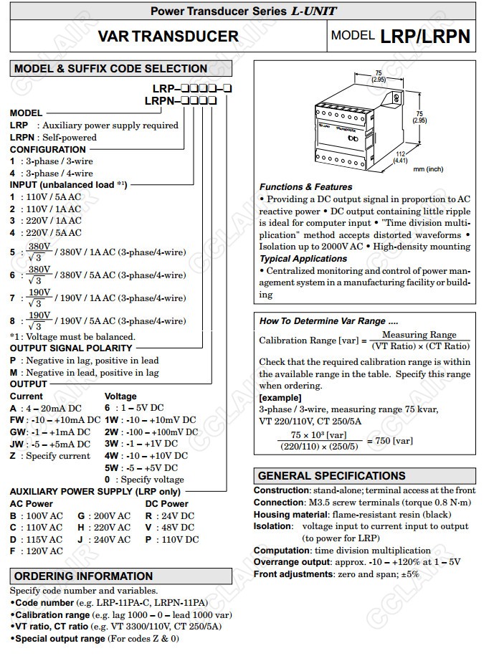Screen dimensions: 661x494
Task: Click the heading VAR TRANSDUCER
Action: point(168,37)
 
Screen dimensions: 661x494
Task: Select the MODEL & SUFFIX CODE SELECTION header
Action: point(111,69)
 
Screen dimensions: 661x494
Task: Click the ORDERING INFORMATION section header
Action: point(83,576)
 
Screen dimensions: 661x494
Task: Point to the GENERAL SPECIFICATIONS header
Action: point(331,475)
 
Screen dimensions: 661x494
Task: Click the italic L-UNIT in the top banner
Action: point(313,11)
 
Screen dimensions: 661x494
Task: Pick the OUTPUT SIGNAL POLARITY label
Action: point(71,348)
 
